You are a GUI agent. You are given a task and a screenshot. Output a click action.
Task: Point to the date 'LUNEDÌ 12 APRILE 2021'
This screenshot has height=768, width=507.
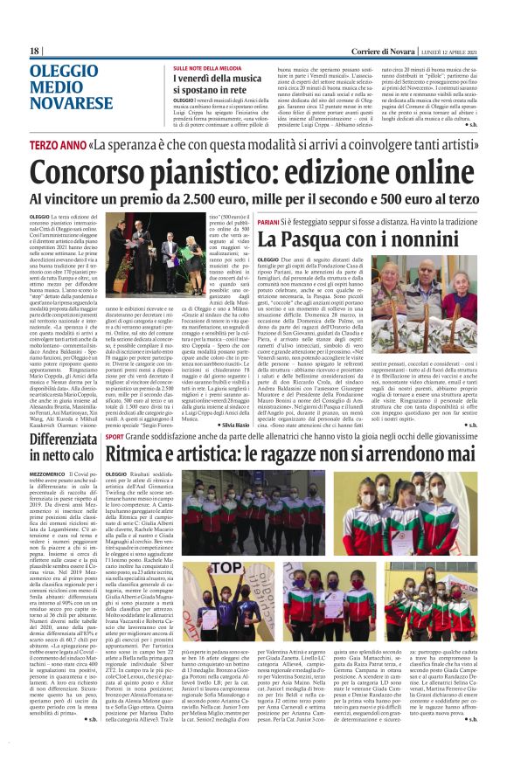pos(448,52)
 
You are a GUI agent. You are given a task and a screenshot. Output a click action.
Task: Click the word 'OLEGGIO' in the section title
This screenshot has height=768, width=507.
pos(64,72)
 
